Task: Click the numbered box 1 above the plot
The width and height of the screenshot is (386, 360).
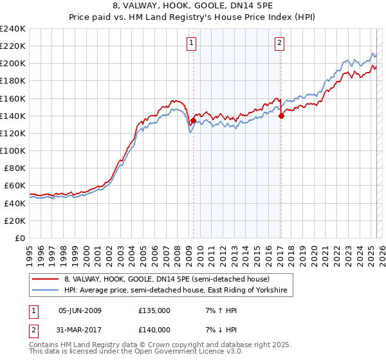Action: tap(192, 44)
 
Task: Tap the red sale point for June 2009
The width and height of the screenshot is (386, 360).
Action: tap(193, 120)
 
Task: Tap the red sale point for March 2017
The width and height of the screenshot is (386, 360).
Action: tap(281, 116)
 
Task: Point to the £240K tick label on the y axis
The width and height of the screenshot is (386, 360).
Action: tap(13, 29)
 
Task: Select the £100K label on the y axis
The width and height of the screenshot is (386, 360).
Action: tap(13, 150)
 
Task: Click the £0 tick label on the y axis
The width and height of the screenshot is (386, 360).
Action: tap(19, 238)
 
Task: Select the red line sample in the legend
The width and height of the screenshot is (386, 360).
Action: tap(45, 279)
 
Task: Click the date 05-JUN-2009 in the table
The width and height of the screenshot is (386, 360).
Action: tap(80, 310)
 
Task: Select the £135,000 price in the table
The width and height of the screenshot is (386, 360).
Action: tap(154, 310)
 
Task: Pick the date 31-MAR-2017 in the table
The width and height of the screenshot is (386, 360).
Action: tap(80, 329)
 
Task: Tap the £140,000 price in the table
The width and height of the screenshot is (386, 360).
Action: tap(154, 329)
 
